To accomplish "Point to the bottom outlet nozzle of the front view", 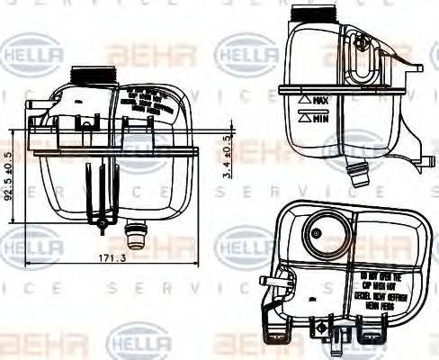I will click(x=138, y=240).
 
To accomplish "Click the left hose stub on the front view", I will click(x=33, y=110).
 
